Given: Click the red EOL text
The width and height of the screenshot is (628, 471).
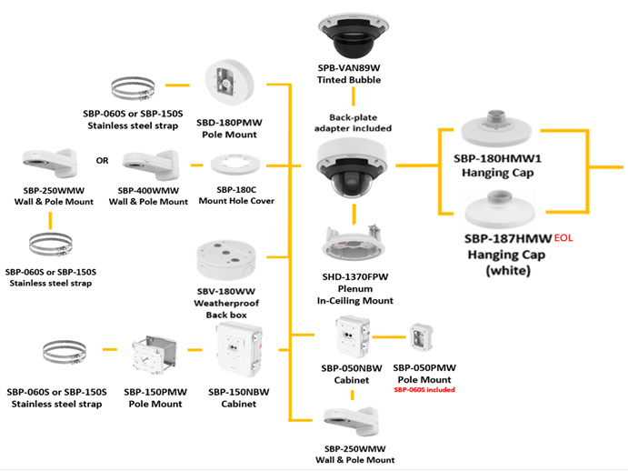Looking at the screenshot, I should (563, 237).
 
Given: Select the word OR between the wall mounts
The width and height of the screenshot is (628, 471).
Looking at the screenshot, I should (103, 162).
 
